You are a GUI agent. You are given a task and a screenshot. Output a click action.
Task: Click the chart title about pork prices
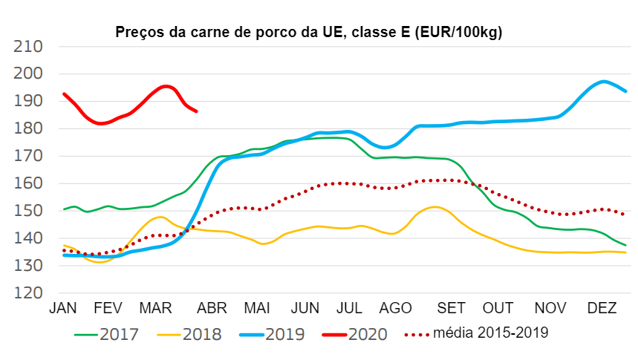tap(308, 33)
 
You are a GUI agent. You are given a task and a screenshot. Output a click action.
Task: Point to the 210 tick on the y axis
tap(28, 47)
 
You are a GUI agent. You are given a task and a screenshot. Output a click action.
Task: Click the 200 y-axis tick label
tap(28, 74)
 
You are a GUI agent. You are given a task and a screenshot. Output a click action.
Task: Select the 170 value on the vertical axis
tap(28, 157)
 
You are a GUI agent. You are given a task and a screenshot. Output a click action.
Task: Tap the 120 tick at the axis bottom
tap(28, 293)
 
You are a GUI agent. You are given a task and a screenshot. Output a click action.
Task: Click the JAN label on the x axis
tap(63, 307)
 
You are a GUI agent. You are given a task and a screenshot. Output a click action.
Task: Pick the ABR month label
tap(210, 307)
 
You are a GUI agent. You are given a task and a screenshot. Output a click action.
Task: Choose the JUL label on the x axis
tap(349, 307)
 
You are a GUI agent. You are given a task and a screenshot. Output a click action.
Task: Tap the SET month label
tap(452, 307)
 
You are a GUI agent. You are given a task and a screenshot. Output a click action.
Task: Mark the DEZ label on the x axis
tap(602, 307)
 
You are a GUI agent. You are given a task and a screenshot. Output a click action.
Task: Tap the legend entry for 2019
tap(271, 335)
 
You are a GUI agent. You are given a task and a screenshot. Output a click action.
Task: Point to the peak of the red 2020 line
tap(166, 86)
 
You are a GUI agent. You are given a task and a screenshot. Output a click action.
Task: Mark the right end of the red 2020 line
tap(196, 111)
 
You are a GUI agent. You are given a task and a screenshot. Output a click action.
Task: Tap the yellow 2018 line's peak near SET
tap(435, 207)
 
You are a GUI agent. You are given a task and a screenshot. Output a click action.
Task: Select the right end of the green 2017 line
tap(625, 245)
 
